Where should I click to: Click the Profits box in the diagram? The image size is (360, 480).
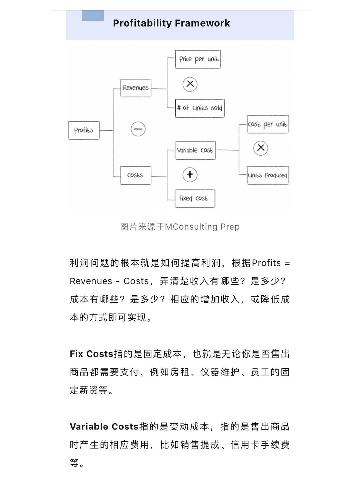coord(84,130)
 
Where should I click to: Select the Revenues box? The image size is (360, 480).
coord(135,88)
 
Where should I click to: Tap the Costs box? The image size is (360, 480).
coord(135,175)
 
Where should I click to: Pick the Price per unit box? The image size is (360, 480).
coord(198,59)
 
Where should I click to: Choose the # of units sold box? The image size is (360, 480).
coord(200,108)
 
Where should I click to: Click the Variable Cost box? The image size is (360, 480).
coord(195,150)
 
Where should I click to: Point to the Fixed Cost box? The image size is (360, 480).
coord(195,198)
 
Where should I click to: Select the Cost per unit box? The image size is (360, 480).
coord(268,124)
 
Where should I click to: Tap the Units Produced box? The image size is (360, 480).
coord(268,175)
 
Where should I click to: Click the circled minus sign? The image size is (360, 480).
coord(138,129)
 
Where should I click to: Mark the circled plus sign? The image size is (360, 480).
coord(190,174)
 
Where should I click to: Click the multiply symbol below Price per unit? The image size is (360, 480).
coord(190,84)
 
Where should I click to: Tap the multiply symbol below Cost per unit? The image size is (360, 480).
coord(261,148)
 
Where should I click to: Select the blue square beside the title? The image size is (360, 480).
coord(93,16)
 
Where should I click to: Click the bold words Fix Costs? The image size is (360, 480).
coord(92,354)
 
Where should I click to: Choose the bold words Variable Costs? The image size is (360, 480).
coord(104,427)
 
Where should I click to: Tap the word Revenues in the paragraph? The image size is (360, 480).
coord(91,281)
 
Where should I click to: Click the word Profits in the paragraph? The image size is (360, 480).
coord(266,263)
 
